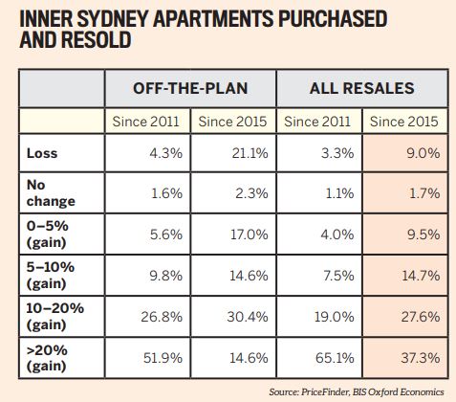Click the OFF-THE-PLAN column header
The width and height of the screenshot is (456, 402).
tap(190, 88)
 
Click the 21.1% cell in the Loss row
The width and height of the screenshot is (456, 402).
tap(247, 150)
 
